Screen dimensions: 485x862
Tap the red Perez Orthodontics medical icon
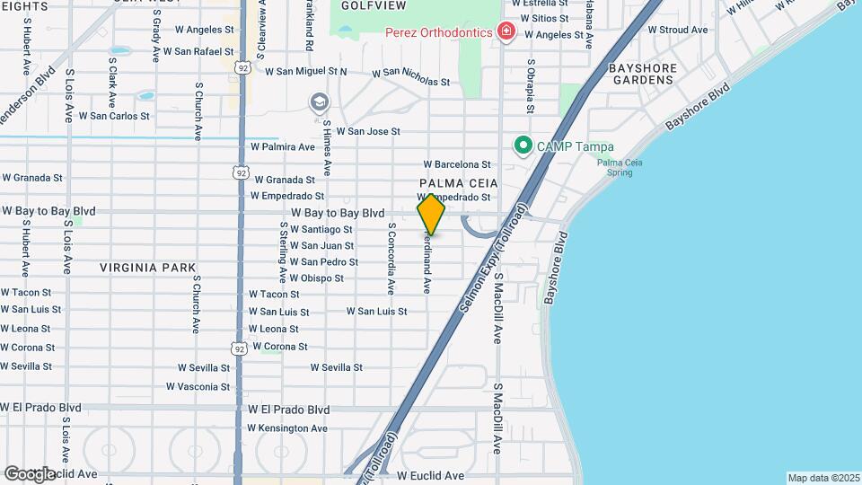click(506, 32)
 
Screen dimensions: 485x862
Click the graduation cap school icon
click(319, 102)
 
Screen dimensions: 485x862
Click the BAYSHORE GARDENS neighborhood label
click(641, 74)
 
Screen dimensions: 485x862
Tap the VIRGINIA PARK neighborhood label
click(135, 268)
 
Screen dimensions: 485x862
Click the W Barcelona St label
click(458, 164)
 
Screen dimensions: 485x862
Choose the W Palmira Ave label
click(282, 146)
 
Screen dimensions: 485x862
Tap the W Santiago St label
click(321, 229)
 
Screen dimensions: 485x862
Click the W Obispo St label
click(316, 278)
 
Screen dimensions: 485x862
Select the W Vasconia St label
click(198, 387)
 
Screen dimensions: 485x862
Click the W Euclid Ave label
click(431, 475)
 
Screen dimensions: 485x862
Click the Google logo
click(30, 473)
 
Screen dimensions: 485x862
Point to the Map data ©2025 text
click(822, 478)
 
